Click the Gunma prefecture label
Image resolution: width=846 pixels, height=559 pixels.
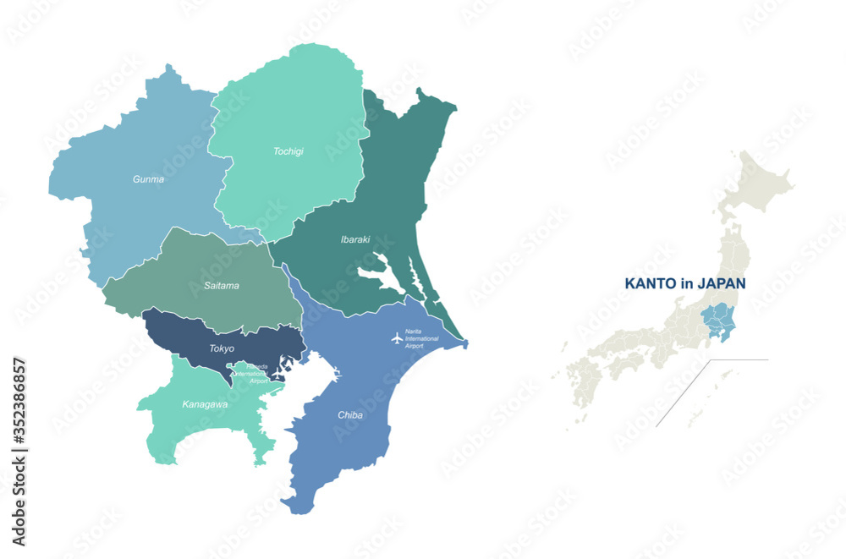[148, 179]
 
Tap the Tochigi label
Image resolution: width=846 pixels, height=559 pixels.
[288, 151]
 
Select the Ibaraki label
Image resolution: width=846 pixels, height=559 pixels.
[355, 239]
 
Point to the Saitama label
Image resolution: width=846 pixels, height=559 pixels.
[221, 286]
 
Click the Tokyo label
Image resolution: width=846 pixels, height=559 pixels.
[222, 348]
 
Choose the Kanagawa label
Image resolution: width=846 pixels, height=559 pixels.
[205, 404]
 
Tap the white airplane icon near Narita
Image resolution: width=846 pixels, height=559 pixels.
[397, 338]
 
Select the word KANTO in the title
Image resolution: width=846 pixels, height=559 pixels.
[650, 284]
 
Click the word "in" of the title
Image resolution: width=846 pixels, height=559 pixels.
[686, 284]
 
